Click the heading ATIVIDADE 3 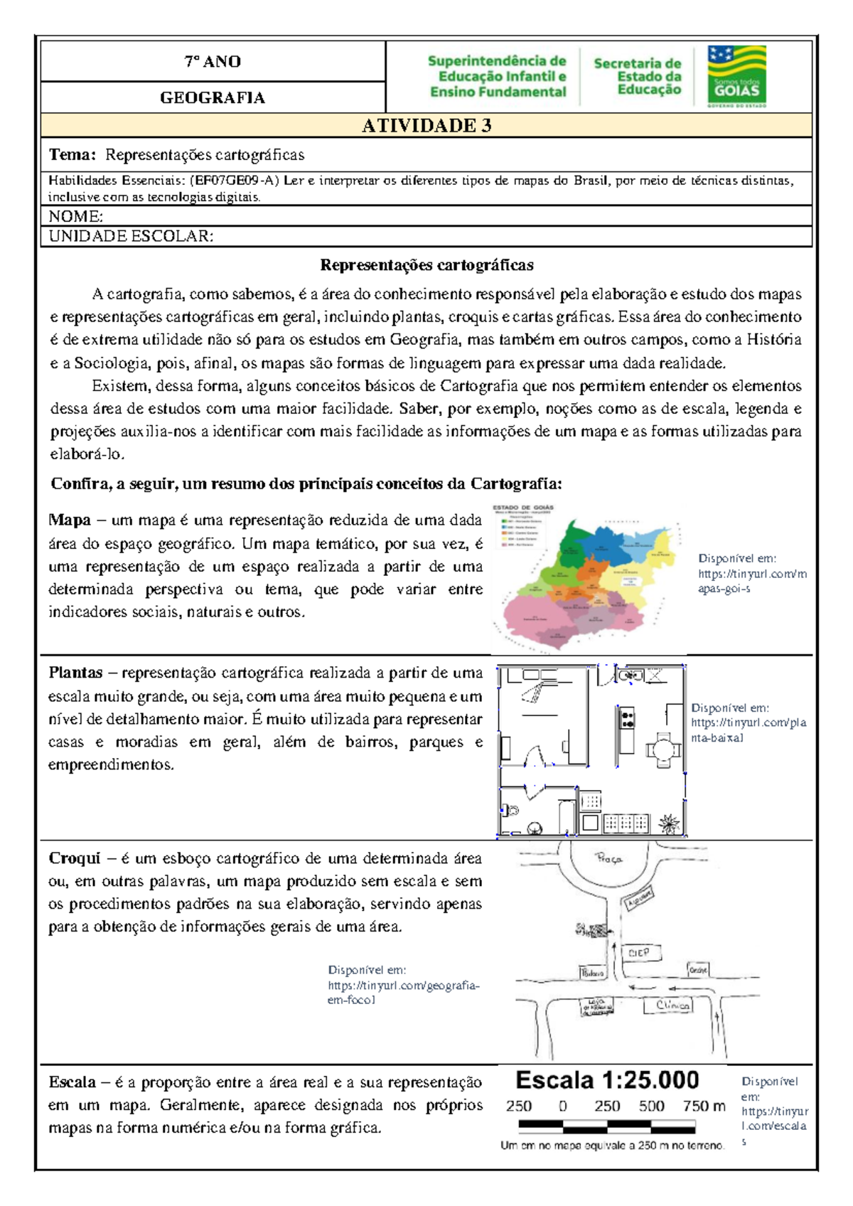pos(426,126)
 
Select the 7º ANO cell pos(213,62)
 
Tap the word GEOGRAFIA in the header pos(213,98)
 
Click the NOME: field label pos(75,216)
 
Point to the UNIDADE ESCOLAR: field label pos(131,236)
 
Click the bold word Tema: pos(72,155)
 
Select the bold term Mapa pos(69,520)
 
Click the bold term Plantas pos(75,673)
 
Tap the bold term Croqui pos(74,858)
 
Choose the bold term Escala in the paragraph pos(72,1082)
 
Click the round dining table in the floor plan pos(662,749)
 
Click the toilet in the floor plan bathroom pos(510,810)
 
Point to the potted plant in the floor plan pos(668,823)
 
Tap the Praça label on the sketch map pos(608,859)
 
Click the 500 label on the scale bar pos(651,1106)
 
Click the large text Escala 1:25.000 pos(607,1080)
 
